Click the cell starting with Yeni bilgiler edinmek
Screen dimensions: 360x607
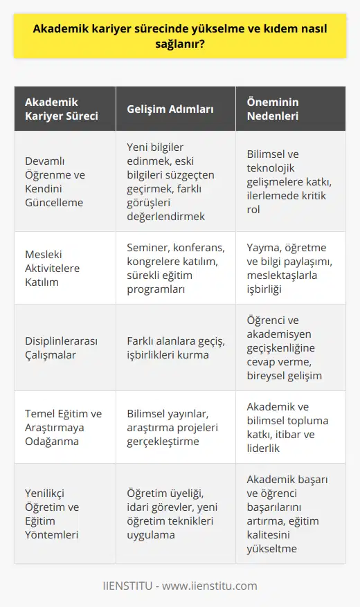pyautogui.click(x=173, y=181)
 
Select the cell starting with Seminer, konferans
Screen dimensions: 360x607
pyautogui.click(x=173, y=267)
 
